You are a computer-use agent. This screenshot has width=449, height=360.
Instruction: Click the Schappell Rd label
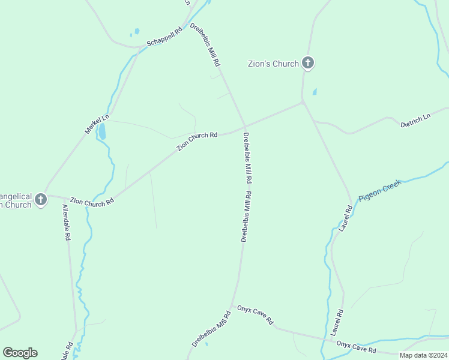coord(164,37)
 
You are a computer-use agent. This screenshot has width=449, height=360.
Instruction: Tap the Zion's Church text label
coord(274,64)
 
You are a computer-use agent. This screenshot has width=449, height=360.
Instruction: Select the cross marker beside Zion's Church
coord(307,62)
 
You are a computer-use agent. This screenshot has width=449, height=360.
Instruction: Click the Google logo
coord(20,353)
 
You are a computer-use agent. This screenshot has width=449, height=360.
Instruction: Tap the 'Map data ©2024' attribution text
coord(423,355)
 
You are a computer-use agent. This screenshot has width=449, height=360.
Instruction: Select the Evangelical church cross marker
coord(41,199)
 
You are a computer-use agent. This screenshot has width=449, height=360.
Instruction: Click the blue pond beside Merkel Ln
coord(102,131)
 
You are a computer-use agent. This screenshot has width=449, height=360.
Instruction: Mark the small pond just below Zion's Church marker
coord(315,92)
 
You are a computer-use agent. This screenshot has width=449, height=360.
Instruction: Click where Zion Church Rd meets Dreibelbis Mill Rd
coord(245,127)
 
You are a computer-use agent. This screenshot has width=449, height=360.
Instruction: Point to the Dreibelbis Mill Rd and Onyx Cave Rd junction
coord(233,306)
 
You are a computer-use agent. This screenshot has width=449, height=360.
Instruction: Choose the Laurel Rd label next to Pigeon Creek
coord(345,218)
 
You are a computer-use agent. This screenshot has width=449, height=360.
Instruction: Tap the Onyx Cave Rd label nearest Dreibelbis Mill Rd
coord(255,313)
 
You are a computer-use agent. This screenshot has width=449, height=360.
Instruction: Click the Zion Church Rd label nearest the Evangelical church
coord(92,202)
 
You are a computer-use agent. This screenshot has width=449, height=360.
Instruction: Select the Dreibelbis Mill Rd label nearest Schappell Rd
coord(205,45)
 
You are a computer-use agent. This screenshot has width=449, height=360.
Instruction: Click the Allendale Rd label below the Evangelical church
coord(65,223)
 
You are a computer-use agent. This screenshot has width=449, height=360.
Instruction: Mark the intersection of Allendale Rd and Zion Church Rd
coord(64,197)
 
